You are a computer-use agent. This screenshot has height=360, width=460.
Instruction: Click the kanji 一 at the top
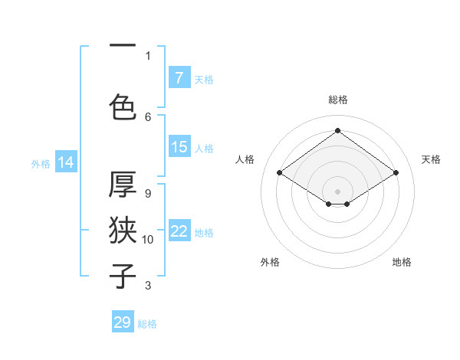(123, 47)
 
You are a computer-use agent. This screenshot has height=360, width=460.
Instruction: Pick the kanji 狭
(123, 230)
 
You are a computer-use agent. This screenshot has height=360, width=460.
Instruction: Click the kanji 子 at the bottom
(123, 276)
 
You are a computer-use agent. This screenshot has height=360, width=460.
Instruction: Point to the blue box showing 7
(179, 78)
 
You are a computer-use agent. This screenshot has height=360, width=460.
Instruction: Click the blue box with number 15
(179, 147)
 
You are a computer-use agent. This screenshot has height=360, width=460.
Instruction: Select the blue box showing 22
(179, 231)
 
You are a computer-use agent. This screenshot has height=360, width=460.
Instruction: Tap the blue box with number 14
(66, 162)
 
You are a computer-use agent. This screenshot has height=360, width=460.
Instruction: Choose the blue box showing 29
(123, 322)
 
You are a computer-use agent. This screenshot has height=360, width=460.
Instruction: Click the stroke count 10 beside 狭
(148, 240)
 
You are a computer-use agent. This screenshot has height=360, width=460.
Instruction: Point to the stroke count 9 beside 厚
(148, 194)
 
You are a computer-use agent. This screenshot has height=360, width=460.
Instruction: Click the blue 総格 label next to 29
(147, 324)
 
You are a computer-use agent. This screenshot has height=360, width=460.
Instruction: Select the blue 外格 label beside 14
(41, 163)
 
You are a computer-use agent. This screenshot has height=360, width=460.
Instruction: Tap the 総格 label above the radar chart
(337, 100)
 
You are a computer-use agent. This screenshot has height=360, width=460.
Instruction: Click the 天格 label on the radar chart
(431, 159)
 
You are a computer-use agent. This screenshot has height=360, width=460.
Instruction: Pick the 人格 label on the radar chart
(245, 159)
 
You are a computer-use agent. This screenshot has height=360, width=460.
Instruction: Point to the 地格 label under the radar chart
(402, 262)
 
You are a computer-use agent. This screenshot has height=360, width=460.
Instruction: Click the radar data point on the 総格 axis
(337, 131)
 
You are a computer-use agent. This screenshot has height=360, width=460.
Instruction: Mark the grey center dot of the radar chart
(337, 190)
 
